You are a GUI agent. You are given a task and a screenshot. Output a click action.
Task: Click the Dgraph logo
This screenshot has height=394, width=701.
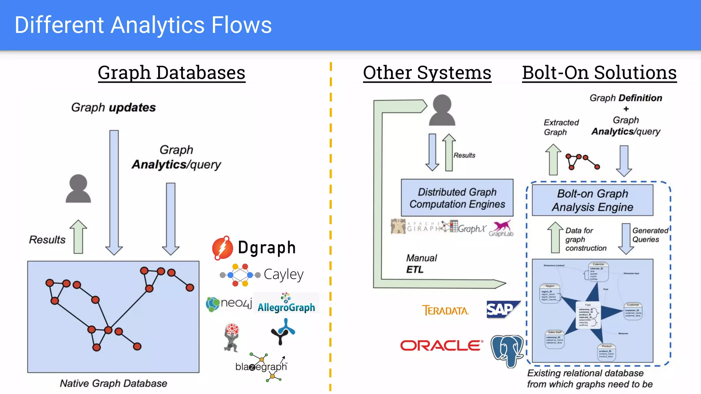(254, 248)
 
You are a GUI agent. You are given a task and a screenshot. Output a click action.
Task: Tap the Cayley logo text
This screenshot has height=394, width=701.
(283, 274)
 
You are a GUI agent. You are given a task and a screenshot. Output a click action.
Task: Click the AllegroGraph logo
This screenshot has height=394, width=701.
(286, 303)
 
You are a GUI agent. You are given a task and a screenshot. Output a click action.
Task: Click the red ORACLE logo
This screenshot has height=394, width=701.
(442, 345)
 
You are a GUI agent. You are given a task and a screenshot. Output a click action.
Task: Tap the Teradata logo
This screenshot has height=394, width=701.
(445, 311)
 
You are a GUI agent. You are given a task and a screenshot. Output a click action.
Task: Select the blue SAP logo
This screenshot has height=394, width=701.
(502, 310)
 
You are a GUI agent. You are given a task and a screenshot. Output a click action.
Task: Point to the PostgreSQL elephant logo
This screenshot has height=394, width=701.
(507, 351)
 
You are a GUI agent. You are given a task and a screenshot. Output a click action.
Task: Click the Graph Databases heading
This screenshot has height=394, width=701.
(171, 73)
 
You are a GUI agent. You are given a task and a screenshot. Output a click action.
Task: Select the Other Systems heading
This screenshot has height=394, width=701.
(427, 73)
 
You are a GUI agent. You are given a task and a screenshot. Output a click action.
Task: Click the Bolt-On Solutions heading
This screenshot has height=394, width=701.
(599, 73)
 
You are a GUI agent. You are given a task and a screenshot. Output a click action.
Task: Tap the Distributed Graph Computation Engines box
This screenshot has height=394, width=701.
(457, 198)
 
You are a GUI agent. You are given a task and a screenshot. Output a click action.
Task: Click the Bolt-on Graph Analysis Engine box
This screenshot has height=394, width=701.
(592, 200)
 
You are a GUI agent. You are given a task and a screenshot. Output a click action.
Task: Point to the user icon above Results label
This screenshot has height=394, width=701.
(78, 189)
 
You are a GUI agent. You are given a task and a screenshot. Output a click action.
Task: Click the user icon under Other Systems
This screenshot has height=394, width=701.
(442, 110)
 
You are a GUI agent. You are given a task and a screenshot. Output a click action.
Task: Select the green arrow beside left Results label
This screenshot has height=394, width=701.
(78, 237)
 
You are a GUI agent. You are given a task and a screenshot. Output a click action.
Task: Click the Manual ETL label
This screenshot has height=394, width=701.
(421, 264)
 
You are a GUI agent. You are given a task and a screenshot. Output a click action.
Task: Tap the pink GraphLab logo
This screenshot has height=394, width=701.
(501, 228)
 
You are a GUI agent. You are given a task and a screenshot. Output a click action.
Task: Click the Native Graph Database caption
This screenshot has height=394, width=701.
(113, 383)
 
